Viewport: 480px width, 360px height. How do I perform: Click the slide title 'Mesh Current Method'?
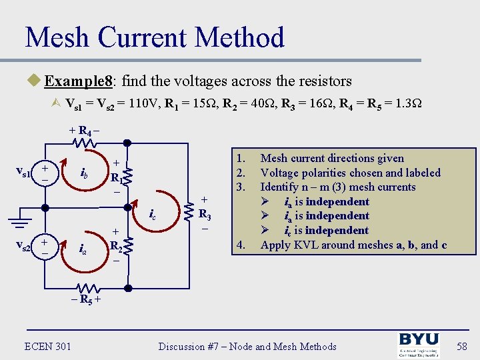pos(155,37)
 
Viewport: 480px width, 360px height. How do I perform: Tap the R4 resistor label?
pos(85,131)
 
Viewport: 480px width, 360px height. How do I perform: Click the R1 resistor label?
pos(116,178)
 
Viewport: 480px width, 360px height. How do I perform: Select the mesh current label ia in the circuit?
pos(83,249)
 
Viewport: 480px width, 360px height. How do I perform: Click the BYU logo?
pos(419,344)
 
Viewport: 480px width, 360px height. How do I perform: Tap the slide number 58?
pos(461,346)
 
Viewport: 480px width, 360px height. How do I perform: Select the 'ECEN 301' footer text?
pos(47,346)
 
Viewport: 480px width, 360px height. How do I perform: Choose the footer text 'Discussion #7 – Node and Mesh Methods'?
pos(247,346)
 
